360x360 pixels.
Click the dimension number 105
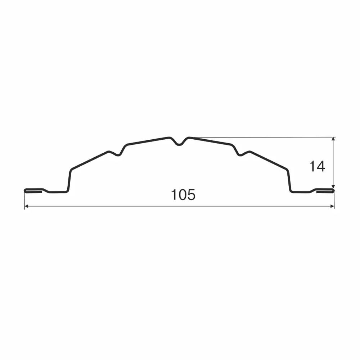183,195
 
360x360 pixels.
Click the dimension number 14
317,166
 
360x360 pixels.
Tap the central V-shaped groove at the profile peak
179,142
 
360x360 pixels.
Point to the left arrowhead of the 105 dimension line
26,206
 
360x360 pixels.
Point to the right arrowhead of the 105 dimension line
332,206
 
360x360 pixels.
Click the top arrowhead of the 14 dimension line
333,139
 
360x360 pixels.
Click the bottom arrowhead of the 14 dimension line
333,186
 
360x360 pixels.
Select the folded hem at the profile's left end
33,190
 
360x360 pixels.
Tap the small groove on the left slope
118,153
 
